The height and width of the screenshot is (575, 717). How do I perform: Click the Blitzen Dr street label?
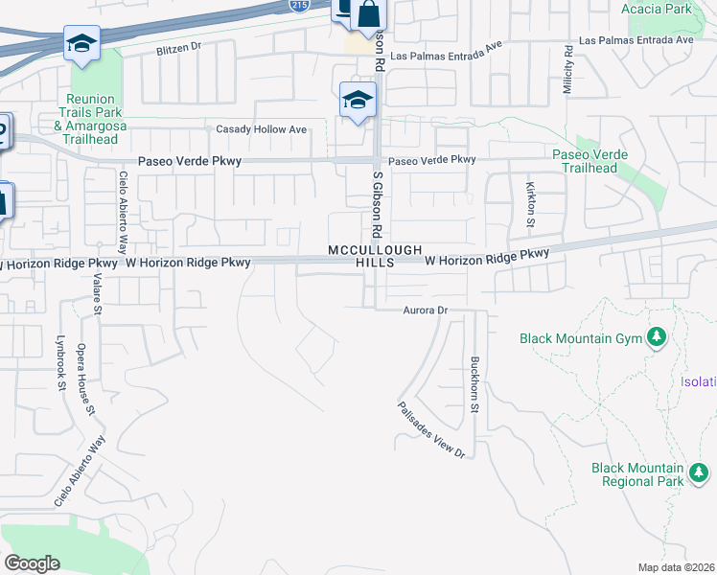click(179, 47)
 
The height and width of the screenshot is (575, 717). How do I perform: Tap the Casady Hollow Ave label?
click(261, 129)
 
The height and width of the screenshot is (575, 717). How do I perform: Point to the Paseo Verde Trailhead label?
click(590, 161)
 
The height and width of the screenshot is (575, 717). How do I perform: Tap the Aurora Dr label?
click(426, 310)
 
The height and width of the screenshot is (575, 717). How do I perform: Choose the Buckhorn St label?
click(474, 384)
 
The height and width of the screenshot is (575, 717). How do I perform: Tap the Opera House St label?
click(85, 379)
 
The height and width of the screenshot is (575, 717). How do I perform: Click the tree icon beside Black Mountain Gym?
click(657, 337)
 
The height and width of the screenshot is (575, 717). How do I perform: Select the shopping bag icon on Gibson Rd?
click(368, 15)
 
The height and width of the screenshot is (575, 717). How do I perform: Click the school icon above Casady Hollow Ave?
click(358, 99)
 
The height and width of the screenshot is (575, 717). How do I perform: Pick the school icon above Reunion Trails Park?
click(82, 43)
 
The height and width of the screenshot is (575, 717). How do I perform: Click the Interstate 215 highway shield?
click(298, 6)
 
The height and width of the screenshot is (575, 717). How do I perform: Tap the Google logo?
click(32, 563)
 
